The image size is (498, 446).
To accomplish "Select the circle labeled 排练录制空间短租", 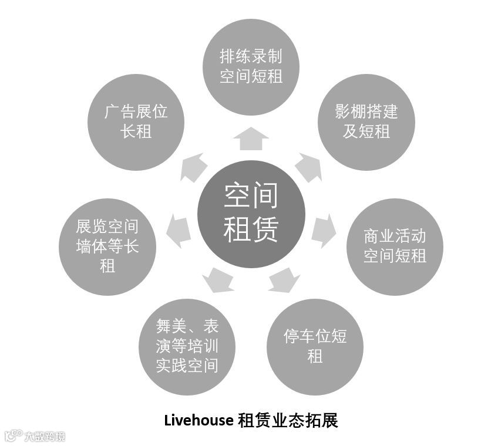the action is [x=251, y=66].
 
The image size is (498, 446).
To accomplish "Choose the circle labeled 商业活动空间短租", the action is [x=395, y=246].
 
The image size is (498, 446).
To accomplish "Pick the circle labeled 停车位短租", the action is [x=315, y=346].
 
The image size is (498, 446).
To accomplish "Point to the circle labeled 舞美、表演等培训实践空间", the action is [x=187, y=346].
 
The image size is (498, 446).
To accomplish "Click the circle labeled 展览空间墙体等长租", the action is [x=107, y=246].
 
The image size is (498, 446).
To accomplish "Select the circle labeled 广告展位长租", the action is [x=136, y=122].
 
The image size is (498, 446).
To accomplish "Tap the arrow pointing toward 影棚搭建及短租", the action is [x=308, y=168].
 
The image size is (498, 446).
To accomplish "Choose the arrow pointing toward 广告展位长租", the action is [x=193, y=168].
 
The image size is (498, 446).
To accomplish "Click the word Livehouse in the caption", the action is [x=198, y=421].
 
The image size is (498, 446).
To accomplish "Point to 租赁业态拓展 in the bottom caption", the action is [x=288, y=421].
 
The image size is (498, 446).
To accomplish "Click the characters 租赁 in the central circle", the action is [x=251, y=229].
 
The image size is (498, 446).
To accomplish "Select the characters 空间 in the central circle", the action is [x=251, y=195].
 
